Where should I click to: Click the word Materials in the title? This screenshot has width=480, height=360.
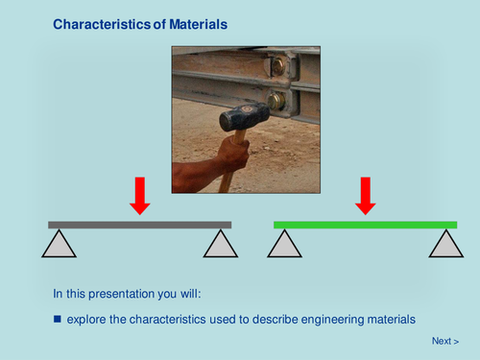click(196, 23)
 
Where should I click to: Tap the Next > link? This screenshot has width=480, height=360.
click(444, 341)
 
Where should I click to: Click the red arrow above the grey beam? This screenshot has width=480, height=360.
click(140, 195)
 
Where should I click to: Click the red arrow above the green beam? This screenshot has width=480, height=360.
click(365, 195)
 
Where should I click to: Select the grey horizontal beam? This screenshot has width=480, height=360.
click(140, 225)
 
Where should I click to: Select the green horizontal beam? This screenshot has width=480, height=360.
click(365, 225)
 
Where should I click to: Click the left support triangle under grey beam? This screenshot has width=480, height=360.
click(60, 246)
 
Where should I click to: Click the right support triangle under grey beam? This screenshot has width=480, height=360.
click(220, 246)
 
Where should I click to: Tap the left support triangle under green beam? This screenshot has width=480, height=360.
click(285, 246)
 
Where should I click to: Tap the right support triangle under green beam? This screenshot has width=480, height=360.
click(444, 246)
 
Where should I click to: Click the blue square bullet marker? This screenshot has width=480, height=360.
click(57, 318)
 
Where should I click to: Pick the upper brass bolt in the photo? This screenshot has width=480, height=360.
click(276, 67)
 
